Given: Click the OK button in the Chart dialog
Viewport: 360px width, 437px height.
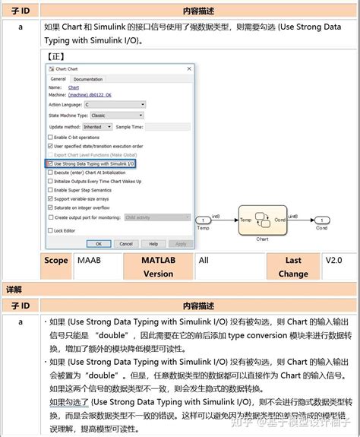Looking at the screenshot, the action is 96,243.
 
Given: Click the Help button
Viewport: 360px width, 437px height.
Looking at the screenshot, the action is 153,243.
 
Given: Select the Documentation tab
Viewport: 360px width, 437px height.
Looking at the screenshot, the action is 87,79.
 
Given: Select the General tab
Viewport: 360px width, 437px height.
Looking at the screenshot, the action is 58,79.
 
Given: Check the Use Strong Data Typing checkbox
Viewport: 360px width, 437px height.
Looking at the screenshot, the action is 50,163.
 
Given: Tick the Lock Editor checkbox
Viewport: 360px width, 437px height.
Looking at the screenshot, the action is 50,230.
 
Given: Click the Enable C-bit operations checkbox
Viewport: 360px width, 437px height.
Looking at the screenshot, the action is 50,136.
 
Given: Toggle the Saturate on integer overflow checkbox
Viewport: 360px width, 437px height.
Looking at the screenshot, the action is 50,207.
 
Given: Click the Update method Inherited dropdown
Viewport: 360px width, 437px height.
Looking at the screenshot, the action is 97,127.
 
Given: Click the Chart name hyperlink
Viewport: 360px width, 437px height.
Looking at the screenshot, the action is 74,87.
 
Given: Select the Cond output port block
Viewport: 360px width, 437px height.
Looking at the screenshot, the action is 322,220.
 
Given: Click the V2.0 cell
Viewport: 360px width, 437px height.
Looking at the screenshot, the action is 333,260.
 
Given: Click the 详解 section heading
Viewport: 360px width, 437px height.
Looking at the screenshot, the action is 14,289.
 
